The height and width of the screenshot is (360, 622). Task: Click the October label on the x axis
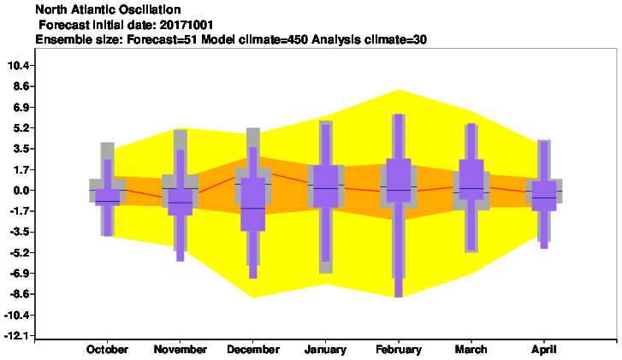tap(107, 350)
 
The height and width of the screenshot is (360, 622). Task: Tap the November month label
tap(180, 350)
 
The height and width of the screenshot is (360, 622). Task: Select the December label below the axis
tap(253, 350)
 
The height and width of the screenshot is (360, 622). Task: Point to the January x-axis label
tap(325, 350)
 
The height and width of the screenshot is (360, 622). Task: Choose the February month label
tap(399, 350)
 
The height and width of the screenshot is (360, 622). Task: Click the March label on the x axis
tap(471, 350)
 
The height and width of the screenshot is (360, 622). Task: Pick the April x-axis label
tap(544, 350)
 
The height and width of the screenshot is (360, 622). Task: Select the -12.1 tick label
tap(17, 336)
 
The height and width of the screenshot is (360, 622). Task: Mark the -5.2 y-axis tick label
tap(20, 253)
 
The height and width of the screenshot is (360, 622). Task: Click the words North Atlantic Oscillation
tap(108, 9)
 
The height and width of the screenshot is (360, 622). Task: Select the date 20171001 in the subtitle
tap(187, 25)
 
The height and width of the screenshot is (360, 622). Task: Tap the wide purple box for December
tap(253, 204)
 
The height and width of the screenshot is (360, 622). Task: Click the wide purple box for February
tap(399, 180)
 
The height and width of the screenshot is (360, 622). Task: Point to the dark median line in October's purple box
tap(108, 202)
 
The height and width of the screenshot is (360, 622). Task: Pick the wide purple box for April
tap(544, 196)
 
